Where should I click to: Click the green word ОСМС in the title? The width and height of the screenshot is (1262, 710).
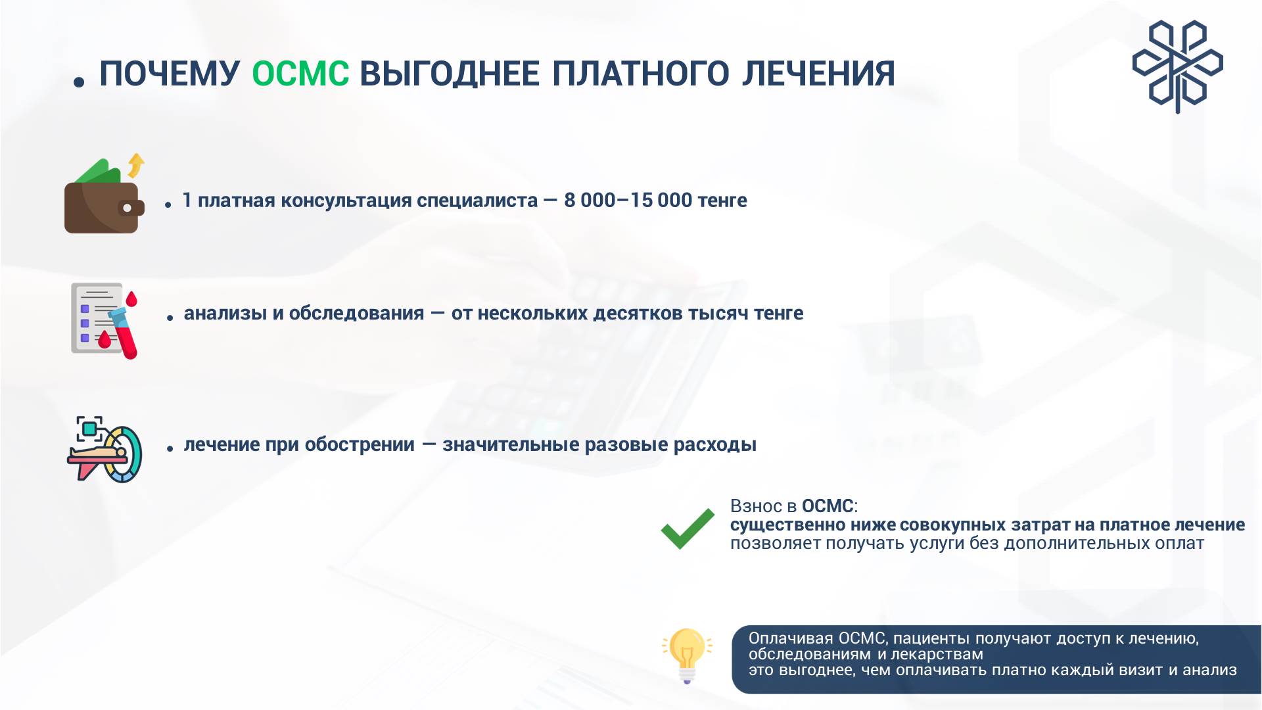[x=300, y=73]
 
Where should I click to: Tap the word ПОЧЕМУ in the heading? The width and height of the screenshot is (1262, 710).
[x=170, y=73]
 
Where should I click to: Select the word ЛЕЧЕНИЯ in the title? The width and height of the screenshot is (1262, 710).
[x=818, y=73]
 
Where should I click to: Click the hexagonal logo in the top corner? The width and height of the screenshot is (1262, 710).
[x=1177, y=66]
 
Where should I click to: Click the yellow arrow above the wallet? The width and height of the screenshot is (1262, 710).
[x=136, y=165]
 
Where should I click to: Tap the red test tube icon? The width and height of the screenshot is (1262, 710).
[x=125, y=332]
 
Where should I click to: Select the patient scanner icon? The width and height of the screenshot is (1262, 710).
[x=105, y=450]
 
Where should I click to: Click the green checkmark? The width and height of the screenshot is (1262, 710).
[x=688, y=529]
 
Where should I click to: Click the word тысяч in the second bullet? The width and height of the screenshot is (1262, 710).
[x=718, y=314]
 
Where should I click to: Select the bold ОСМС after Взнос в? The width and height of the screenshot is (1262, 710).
[x=828, y=506]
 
